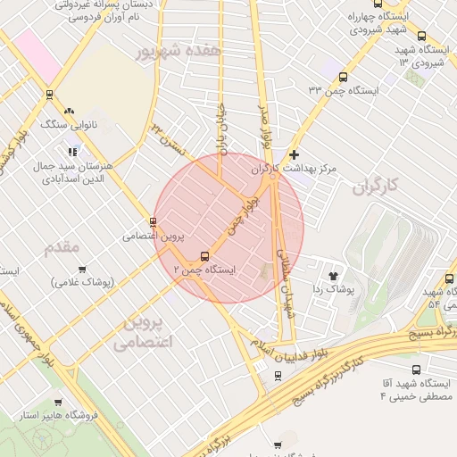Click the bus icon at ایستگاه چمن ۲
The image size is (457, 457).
pos(206,256)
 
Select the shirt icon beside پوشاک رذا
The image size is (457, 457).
pos(334,277)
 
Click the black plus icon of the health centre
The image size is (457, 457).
pos(294,154)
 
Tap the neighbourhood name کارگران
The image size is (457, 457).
pos(374,188)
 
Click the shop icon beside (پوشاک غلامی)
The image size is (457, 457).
pos(83,269)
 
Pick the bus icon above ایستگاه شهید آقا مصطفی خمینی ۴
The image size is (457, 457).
pos(416,370)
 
